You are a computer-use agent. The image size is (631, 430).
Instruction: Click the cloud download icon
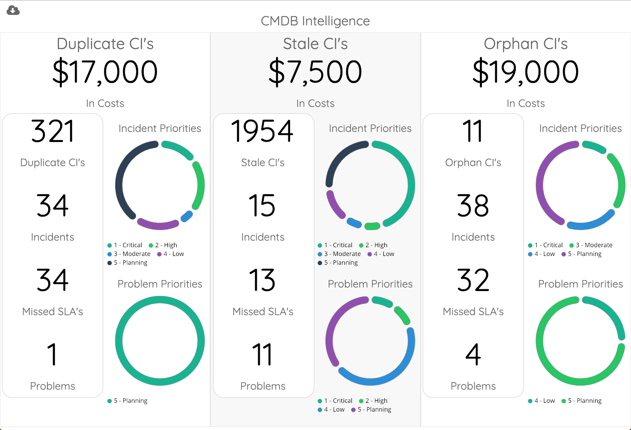coord(13,10)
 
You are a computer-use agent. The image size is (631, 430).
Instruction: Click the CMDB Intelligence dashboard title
coord(315,21)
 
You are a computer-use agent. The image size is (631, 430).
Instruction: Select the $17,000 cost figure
coord(105,72)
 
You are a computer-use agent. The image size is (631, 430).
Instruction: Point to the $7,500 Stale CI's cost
coord(315,72)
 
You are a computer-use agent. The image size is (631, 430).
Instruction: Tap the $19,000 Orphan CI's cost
coord(525,72)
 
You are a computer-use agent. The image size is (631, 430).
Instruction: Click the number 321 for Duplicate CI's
coord(53,131)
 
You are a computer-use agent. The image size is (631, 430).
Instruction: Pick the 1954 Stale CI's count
coord(262,131)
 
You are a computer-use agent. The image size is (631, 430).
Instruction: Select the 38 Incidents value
coord(473,206)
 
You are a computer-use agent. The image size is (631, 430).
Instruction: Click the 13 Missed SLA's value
coord(262,280)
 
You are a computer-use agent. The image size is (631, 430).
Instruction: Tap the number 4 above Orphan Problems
coord(473,355)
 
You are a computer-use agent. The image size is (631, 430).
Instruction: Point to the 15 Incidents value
coord(262,206)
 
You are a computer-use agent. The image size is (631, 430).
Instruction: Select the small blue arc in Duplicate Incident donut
coord(187,216)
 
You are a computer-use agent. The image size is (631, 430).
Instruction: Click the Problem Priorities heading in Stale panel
coord(370,284)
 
